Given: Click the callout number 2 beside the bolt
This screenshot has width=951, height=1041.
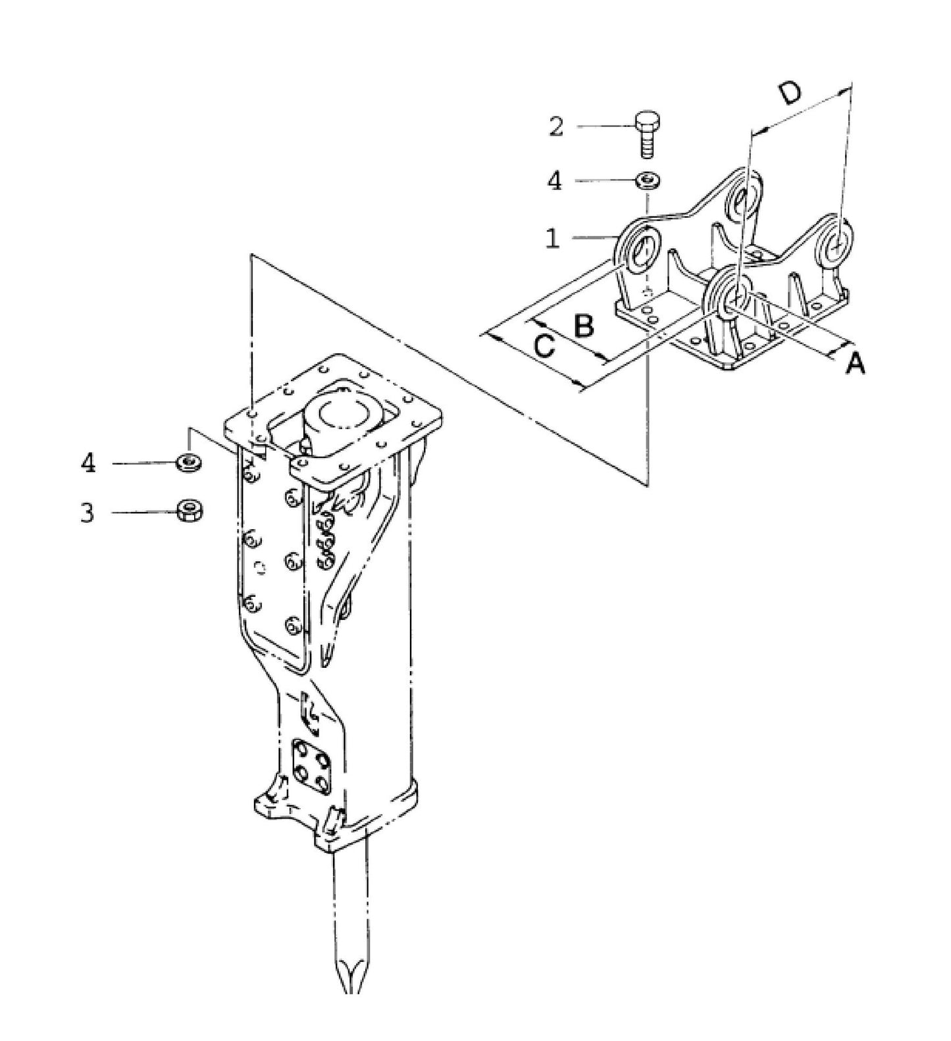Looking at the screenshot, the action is click(x=557, y=126).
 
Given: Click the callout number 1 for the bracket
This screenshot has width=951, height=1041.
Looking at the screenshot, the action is click(x=553, y=238).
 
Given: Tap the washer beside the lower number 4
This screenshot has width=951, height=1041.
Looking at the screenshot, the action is click(x=189, y=463).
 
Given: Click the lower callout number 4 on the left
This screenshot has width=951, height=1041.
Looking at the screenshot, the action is click(x=88, y=463).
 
